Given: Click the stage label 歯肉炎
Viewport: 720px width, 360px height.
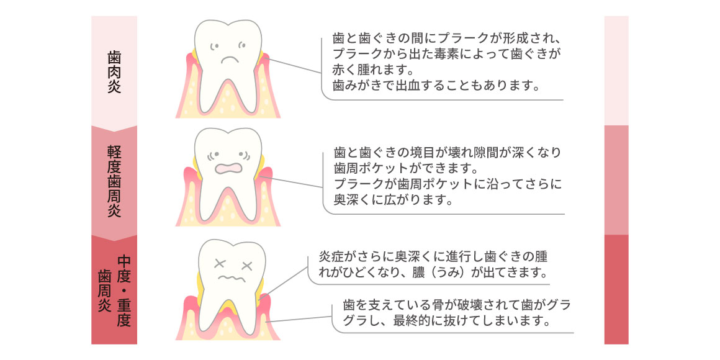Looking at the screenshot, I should pos(114,72).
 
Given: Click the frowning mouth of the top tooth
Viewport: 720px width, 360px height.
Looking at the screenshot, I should pos(230,61).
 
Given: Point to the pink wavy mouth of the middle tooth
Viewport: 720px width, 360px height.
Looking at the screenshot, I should pos(230,168).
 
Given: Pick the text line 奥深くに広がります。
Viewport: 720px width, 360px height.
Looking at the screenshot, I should pos(389,200).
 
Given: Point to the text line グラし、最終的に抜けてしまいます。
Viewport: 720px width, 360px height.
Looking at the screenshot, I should pos(446,322).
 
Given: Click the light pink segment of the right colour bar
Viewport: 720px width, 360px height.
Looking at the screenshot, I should pos(616,70).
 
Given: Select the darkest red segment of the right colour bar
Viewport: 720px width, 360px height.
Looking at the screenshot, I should pos(616,289).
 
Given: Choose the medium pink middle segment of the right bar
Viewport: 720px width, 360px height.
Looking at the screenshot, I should pos(616,180).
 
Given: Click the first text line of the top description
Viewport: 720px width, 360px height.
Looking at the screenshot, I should pos(447,37).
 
